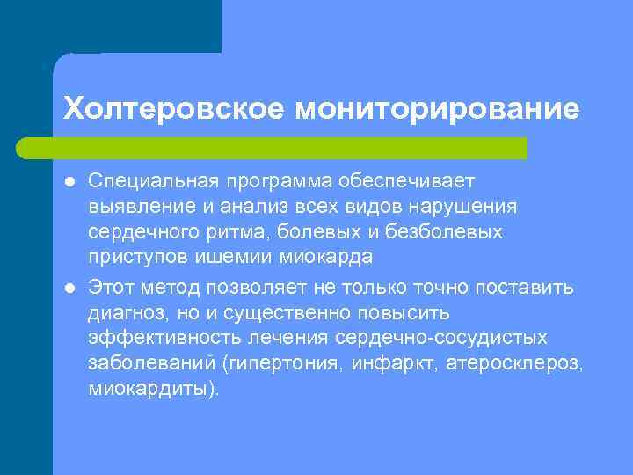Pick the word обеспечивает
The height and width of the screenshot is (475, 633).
(417, 180)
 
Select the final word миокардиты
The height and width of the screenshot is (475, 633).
(149, 389)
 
